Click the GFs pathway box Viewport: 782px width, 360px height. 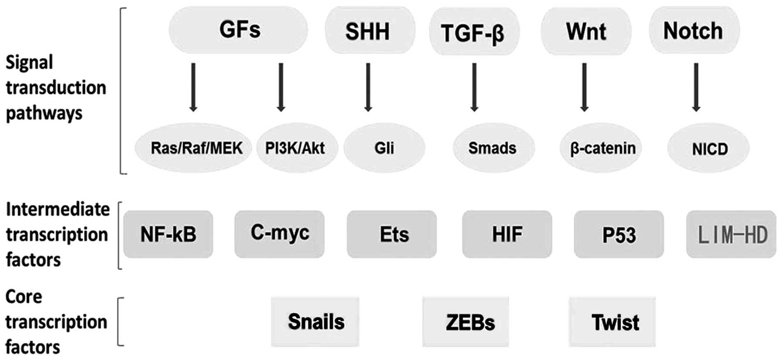pos(238,30)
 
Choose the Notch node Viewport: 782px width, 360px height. pos(694,31)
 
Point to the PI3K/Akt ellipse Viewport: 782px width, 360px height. pos(296,148)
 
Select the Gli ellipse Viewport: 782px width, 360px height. pos(384,148)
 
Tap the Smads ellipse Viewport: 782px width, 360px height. pos(493,148)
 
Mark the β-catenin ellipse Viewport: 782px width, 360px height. pos(602,148)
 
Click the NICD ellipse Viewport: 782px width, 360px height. pos(709,149)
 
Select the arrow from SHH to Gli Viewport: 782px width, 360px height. pos(368,87)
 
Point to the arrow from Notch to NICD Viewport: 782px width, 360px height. pos(696,87)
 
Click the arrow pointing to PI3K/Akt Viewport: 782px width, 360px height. pos(281,87)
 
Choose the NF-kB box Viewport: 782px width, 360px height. pos(168,234)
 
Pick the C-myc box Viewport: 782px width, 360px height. pos(279,234)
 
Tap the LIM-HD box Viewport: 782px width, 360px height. pos(731,234)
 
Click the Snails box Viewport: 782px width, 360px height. pos(315,322)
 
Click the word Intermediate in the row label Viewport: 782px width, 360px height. pos(58,210)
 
